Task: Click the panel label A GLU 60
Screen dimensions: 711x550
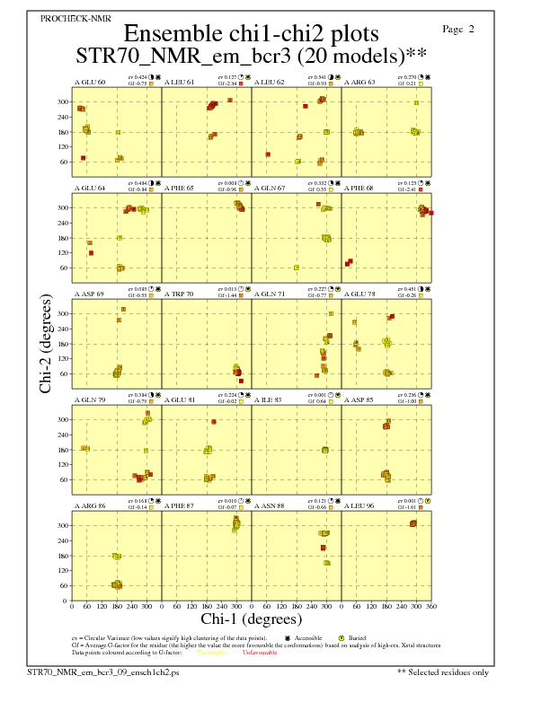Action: click(x=89, y=83)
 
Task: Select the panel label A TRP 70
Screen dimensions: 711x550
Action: click(x=180, y=294)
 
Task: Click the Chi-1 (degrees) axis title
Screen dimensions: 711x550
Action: click(x=252, y=619)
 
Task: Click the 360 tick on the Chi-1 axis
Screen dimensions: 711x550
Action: click(x=431, y=606)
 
